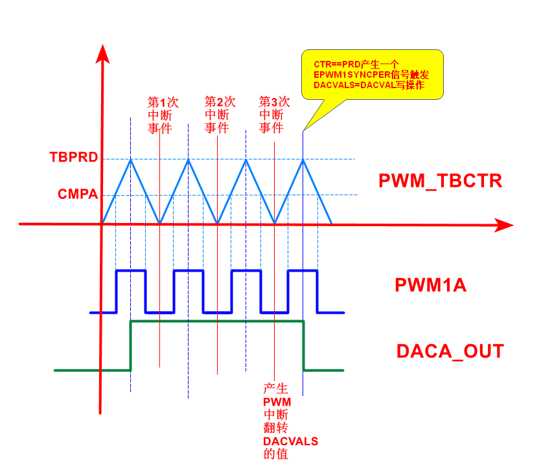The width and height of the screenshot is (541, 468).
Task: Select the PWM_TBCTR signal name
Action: point(440,181)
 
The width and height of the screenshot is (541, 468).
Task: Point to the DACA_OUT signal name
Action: point(450,351)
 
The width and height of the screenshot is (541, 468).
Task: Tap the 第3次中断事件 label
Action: point(274,115)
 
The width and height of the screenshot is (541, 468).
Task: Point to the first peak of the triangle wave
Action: point(131,159)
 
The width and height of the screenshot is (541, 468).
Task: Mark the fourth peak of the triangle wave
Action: point(303,159)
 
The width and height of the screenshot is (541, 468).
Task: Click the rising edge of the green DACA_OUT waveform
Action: point(131,345)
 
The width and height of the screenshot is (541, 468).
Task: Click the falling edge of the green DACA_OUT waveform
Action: point(303,345)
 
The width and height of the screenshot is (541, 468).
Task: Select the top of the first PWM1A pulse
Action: point(131,270)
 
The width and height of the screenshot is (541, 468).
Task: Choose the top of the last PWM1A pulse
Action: point(303,270)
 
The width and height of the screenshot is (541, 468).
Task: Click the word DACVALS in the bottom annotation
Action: point(290,441)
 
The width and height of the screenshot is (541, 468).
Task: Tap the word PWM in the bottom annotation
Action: point(277,403)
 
